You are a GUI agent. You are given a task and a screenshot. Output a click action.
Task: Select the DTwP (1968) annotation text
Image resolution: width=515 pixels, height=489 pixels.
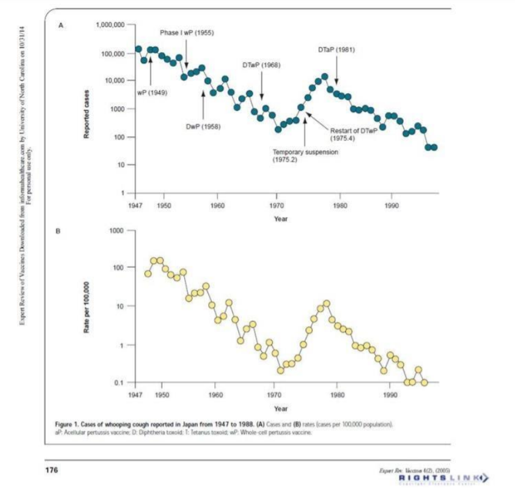(x=261, y=64)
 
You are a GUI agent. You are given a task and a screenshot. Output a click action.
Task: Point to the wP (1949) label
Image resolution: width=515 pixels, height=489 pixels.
(x=152, y=93)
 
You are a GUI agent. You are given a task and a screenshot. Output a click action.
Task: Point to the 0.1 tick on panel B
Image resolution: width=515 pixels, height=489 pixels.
(x=119, y=383)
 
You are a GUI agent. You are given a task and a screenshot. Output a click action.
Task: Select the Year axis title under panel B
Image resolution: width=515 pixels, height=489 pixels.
(x=280, y=409)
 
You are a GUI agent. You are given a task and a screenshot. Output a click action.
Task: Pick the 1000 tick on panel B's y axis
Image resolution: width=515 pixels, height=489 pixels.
(x=117, y=231)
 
